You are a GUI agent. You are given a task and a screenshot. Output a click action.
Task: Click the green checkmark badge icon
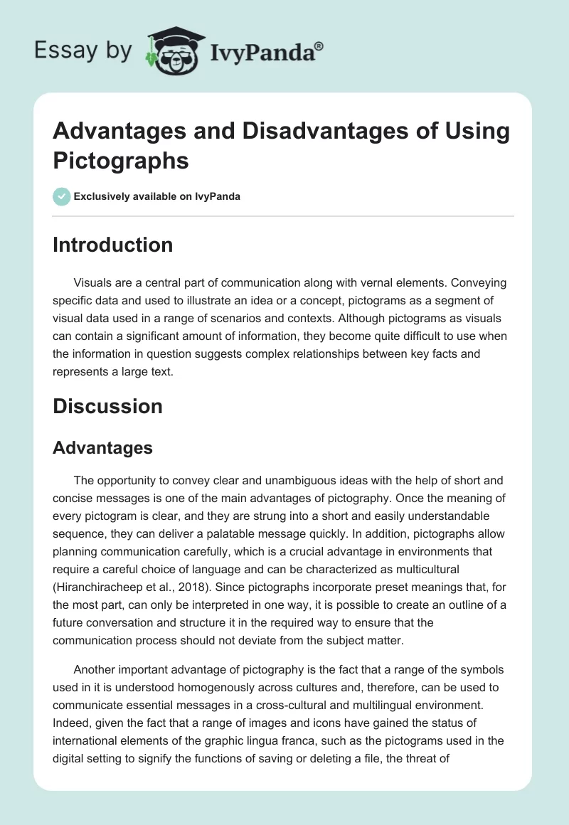click(62, 196)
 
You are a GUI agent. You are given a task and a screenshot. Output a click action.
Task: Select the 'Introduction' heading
click(113, 245)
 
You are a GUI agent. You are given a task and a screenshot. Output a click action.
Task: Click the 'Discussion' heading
click(108, 406)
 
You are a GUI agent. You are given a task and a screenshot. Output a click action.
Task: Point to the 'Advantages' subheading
click(103, 447)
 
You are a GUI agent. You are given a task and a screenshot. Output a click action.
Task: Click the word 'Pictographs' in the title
click(121, 160)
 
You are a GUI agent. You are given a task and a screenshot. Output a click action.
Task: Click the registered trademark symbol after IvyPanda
click(319, 47)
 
